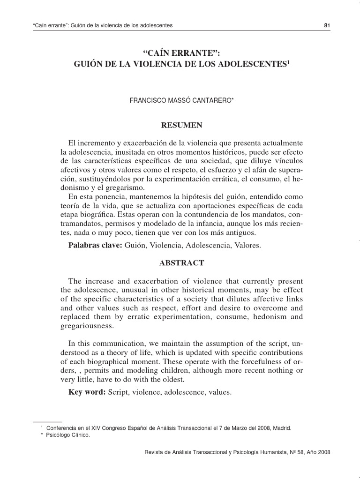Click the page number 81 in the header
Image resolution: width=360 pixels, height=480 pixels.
(x=327, y=25)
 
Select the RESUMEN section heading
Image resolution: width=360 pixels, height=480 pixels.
(x=182, y=125)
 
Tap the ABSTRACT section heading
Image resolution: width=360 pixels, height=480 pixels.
(x=182, y=263)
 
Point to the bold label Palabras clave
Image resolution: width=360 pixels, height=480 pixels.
(x=96, y=245)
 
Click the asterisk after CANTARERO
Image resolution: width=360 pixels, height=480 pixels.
(x=232, y=98)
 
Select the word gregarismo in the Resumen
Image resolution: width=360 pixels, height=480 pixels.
(x=113, y=187)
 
